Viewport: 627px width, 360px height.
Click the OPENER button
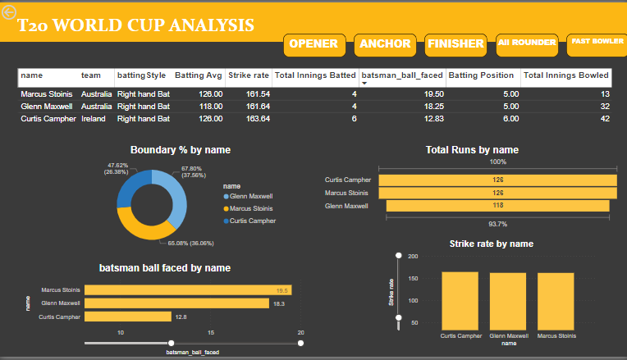pos(314,44)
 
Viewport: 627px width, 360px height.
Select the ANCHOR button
pos(386,44)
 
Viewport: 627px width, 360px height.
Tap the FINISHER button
pos(455,44)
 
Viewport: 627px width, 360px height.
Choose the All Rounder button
pos(527,43)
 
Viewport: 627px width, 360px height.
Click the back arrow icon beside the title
pos(10,12)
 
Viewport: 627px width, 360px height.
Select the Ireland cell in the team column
pos(93,119)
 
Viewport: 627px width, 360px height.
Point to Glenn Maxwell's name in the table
pos(47,107)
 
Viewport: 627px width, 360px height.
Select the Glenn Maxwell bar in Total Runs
pos(497,206)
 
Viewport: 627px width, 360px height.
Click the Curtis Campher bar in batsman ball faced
pos(128,316)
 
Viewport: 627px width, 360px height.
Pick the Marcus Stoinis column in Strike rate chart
pos(555,300)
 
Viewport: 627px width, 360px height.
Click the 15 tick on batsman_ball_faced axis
pos(211,332)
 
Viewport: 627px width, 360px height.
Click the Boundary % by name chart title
pos(180,150)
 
